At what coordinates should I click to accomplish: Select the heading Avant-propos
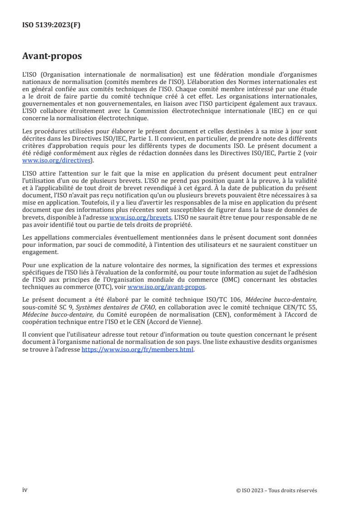coord(52,56)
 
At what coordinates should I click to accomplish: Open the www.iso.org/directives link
coord(57,161)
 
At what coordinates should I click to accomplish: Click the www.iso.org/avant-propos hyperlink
coord(167,288)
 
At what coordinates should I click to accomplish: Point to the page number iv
coord(25,490)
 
